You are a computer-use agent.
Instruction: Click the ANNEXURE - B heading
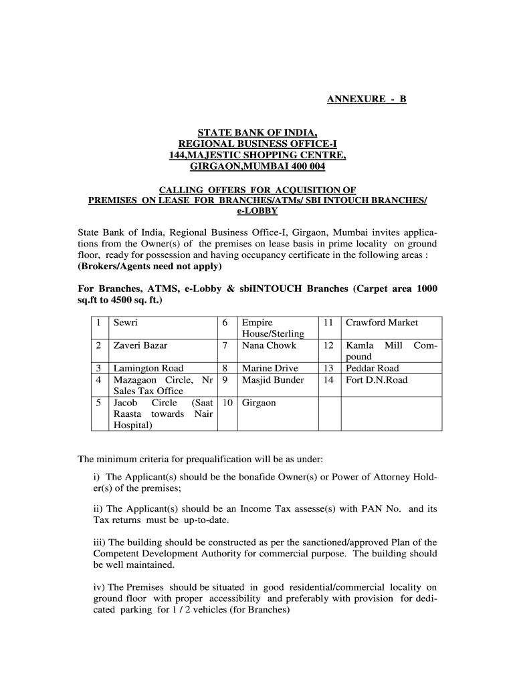(366, 100)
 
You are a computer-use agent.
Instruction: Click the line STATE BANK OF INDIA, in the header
(257, 132)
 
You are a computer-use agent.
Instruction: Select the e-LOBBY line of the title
(257, 210)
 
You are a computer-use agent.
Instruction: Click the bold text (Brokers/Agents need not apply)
(150, 266)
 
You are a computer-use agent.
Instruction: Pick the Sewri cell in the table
(126, 323)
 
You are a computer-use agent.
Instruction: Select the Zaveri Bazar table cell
(140, 345)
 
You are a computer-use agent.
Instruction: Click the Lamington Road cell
(148, 368)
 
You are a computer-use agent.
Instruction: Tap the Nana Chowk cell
(269, 345)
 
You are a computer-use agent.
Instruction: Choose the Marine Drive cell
(270, 368)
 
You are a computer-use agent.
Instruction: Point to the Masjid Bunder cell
(273, 380)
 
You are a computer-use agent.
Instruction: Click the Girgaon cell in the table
(259, 403)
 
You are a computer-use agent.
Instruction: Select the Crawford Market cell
(381, 323)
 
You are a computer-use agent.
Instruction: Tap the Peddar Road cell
(372, 368)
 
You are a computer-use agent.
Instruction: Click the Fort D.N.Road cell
(376, 380)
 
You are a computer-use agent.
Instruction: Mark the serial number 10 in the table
(227, 403)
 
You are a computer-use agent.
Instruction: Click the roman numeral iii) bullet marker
(99, 542)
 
